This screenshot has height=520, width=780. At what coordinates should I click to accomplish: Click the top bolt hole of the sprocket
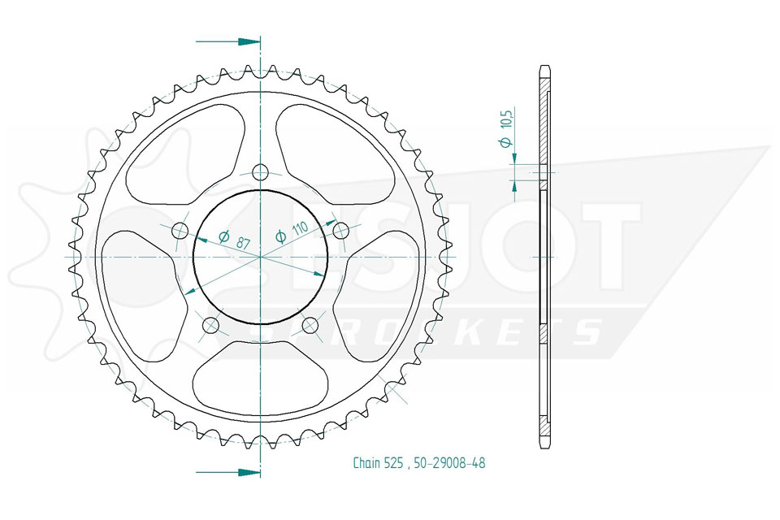pyautogui.click(x=260, y=173)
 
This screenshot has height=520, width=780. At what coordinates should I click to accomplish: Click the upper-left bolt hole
pyautogui.click(x=180, y=231)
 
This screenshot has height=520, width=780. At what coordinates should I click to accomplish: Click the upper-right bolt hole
pyautogui.click(x=340, y=231)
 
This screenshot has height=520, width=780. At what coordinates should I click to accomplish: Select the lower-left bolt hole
pyautogui.click(x=211, y=326)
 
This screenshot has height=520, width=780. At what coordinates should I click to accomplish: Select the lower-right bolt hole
pyautogui.click(x=310, y=326)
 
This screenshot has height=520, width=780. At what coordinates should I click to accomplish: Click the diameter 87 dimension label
pyautogui.click(x=234, y=240)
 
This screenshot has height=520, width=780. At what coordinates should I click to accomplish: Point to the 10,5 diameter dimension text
pyautogui.click(x=506, y=128)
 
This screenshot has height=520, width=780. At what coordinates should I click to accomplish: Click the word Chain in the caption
pyautogui.click(x=366, y=463)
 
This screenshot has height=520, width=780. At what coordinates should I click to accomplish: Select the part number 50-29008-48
pyautogui.click(x=449, y=463)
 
